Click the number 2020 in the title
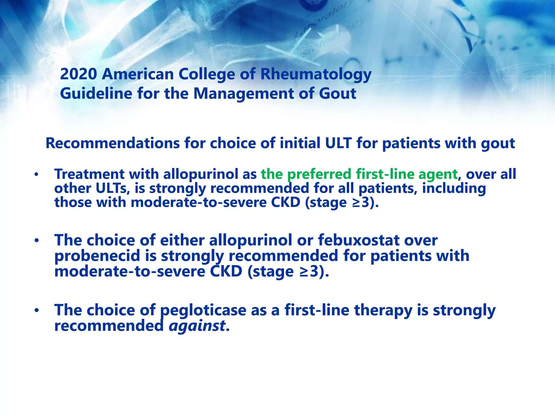pyautogui.click(x=78, y=74)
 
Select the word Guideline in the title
pyautogui.click(x=96, y=94)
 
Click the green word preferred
pyautogui.click(x=319, y=174)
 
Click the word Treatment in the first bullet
pyautogui.click(x=89, y=174)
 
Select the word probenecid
pyautogui.click(x=97, y=256)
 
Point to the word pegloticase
pyautogui.click(x=203, y=310)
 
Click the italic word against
pyautogui.click(x=197, y=326)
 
